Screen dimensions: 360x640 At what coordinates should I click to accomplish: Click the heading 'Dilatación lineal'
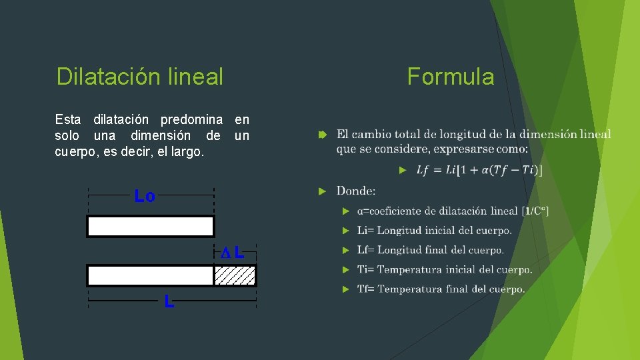point(139,77)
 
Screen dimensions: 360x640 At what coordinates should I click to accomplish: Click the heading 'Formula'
point(451,77)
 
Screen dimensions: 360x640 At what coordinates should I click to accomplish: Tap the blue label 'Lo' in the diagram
point(145,196)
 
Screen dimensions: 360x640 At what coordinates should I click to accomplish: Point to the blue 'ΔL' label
point(233,253)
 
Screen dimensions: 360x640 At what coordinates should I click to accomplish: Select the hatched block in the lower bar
point(235,275)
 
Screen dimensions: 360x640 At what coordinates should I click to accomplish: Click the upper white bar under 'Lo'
point(150,227)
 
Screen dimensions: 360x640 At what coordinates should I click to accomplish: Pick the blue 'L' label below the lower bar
point(169,303)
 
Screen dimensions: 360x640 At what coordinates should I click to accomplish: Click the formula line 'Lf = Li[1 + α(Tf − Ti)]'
point(479,171)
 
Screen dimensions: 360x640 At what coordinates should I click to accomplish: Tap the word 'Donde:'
point(356,191)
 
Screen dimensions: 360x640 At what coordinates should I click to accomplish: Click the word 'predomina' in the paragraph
point(192,120)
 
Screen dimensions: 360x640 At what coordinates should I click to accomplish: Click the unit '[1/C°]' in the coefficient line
point(535,211)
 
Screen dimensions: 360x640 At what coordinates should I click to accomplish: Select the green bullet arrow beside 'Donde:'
point(322,191)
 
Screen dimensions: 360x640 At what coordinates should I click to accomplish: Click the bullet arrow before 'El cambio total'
point(322,135)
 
